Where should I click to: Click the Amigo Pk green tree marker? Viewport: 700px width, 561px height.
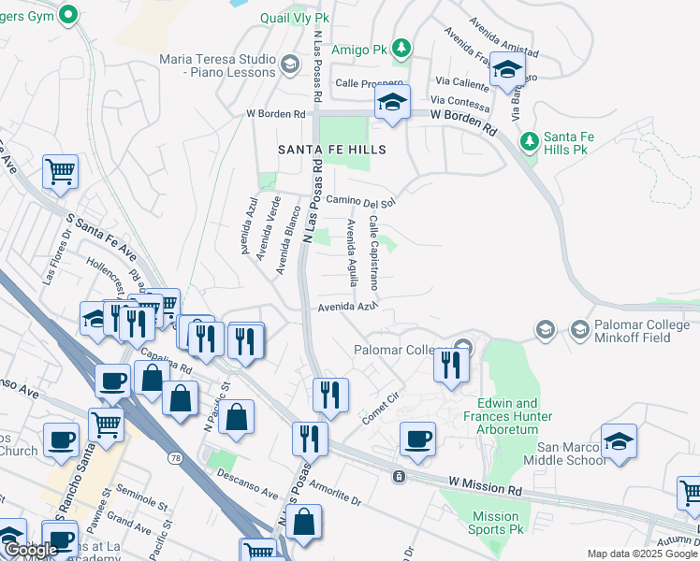pyautogui.click(x=401, y=47)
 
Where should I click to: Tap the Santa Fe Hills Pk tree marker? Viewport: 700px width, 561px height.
pyautogui.click(x=530, y=141)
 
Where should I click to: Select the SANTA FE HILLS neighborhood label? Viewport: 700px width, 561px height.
pyautogui.click(x=331, y=150)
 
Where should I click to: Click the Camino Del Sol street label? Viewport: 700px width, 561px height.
pyautogui.click(x=360, y=201)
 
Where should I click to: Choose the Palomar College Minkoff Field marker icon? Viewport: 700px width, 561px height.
pyautogui.click(x=545, y=329)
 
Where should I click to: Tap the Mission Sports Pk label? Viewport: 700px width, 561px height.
pyautogui.click(x=495, y=523)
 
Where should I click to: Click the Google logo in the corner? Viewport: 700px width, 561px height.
pyautogui.click(x=31, y=549)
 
